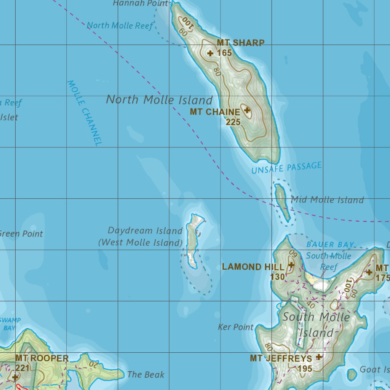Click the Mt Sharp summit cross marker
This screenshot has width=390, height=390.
pos(210,53)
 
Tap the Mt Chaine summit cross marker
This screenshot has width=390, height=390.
pos(247,110)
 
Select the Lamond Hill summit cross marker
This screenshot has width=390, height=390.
pos(291,265)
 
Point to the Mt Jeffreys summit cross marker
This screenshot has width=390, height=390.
pos(319,357)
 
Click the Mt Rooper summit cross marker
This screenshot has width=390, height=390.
pos(15,377)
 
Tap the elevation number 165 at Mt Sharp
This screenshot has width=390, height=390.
pos(224,53)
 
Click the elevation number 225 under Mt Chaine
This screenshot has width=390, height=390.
pos(233,122)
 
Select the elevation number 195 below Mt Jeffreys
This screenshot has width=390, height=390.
pos(305,368)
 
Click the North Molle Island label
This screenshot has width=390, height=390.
pos(159,100)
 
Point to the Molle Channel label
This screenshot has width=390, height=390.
pos(85,113)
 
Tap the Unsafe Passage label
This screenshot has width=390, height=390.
pos(286,168)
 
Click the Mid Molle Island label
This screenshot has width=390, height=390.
pos(327,200)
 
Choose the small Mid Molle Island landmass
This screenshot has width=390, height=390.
pos(282,200)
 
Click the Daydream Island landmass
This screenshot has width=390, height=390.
pos(193,240)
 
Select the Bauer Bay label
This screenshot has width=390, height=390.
pos(330,245)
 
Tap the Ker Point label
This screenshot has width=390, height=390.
pos(236,327)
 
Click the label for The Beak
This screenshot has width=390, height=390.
pos(146,374)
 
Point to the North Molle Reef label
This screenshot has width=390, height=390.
pos(120,26)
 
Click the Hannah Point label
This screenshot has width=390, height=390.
pos(141,3)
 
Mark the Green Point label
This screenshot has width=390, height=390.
pos(21,233)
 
